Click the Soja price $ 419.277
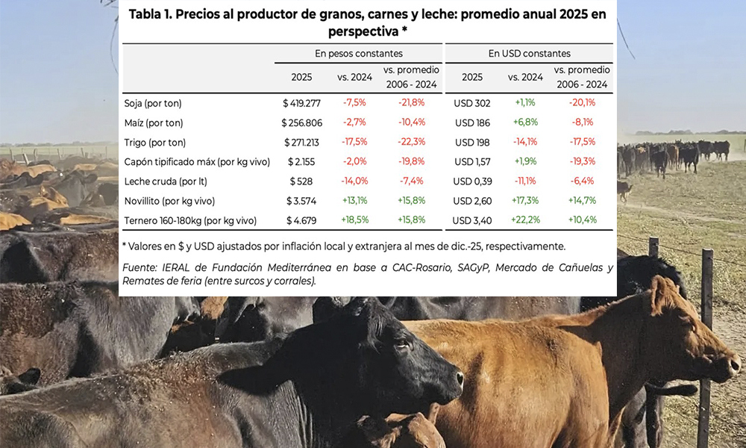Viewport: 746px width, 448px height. tap(301, 103)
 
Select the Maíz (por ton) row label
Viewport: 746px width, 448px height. tap(153, 122)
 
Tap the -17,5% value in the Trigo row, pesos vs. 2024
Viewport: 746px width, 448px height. tap(354, 142)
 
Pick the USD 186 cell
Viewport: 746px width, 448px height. tap(472, 122)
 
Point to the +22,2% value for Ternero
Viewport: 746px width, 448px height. tap(526, 220)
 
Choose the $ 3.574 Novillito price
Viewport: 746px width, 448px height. tap(301, 200)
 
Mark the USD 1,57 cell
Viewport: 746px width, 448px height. tap(472, 161)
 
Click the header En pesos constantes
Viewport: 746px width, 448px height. tap(358, 54)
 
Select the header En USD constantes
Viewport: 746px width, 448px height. tap(529, 54)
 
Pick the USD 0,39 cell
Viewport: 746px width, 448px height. tap(472, 181)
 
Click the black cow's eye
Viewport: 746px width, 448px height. tap(401, 345)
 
